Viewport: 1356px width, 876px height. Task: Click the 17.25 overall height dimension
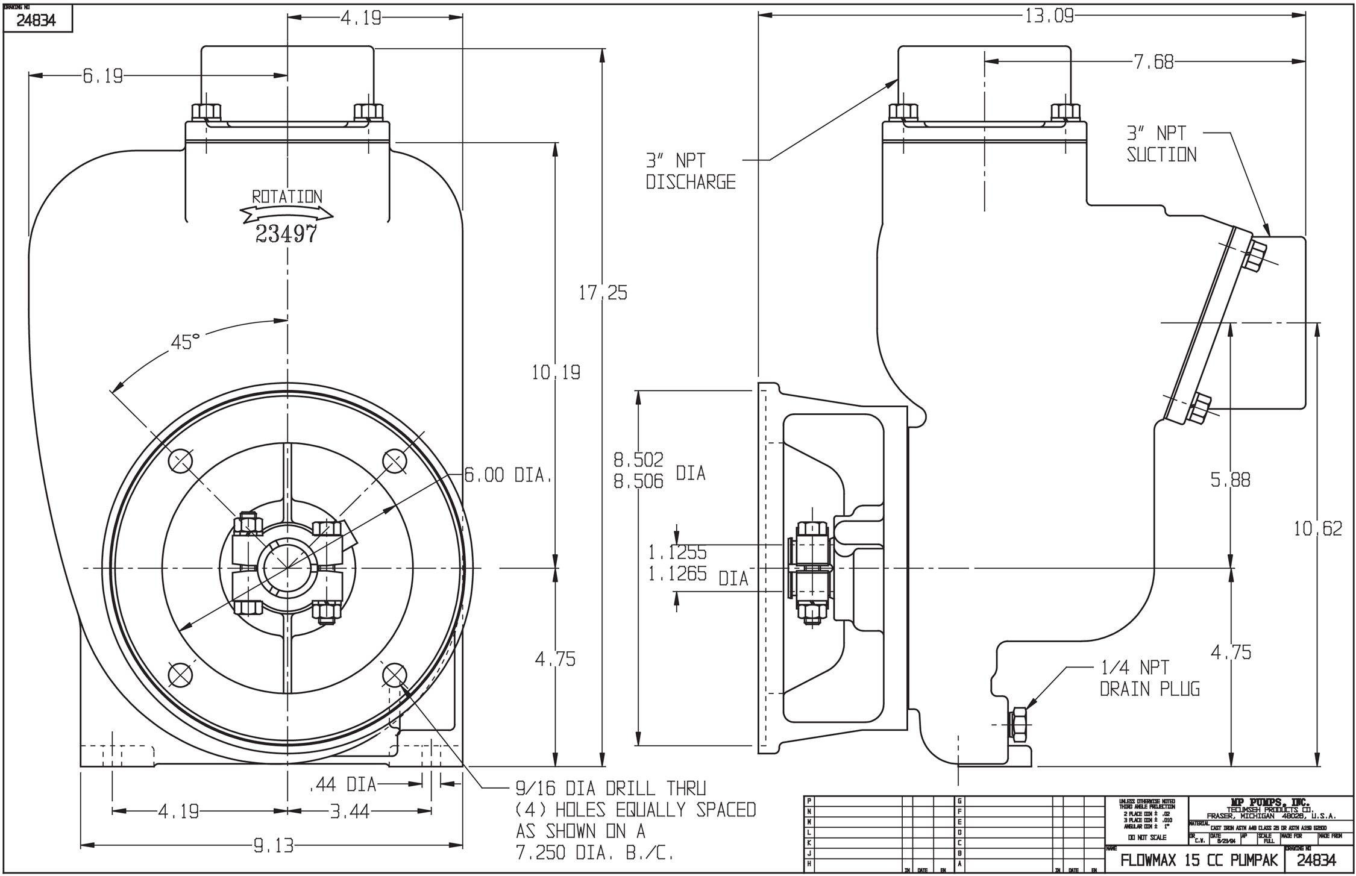[x=603, y=293]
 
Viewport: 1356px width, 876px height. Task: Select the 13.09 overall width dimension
[x=1049, y=16]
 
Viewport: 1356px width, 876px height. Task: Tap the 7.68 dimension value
[x=1154, y=62]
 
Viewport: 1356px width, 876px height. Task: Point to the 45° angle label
[x=184, y=342]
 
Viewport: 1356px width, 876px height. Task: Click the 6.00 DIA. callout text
[x=508, y=475]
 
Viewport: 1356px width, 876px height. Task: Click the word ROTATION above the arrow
[x=287, y=196]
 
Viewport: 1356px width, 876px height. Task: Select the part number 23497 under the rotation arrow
[x=286, y=234]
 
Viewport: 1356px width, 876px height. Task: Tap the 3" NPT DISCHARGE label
[x=691, y=171]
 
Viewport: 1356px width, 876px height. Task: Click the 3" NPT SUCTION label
[x=1161, y=143]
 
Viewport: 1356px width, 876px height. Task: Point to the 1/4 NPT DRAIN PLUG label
[x=1149, y=678]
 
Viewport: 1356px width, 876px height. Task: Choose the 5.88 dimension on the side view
[x=1230, y=480]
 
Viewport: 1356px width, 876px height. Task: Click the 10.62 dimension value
[x=1318, y=529]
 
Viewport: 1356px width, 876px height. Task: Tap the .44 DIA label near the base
[x=342, y=784]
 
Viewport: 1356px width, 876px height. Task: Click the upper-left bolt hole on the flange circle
[x=180, y=461]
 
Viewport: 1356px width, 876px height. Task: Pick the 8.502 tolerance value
[x=638, y=460]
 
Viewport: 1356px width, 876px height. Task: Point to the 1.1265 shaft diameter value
[x=677, y=574]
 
